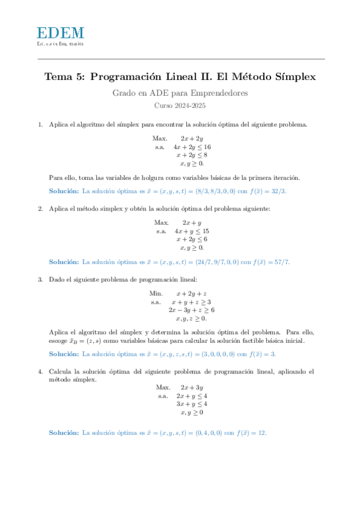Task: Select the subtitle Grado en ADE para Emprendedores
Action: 180,93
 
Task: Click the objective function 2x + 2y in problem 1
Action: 192,138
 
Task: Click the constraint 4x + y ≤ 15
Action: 192,230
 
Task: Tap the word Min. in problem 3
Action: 156,293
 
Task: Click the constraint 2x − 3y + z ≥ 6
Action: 192,310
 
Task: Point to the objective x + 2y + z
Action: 192,293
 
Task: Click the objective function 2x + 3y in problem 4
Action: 192,387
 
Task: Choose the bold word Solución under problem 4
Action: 63,432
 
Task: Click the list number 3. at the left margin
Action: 40,279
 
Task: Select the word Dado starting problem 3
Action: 58,279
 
